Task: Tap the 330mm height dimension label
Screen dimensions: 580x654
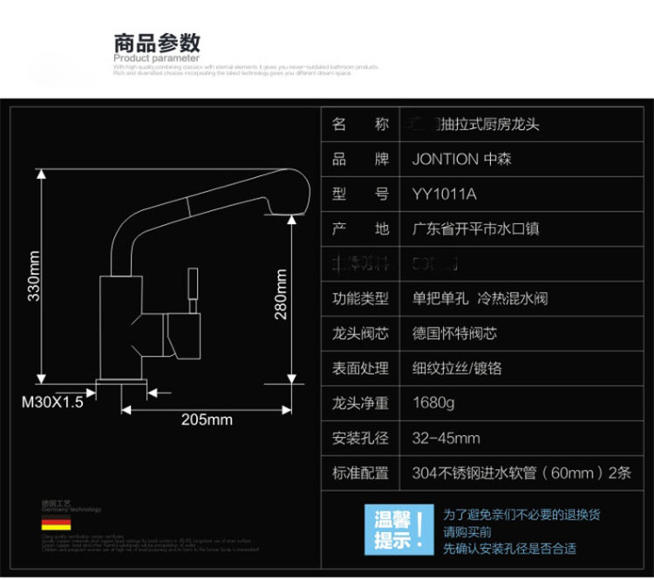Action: point(34,276)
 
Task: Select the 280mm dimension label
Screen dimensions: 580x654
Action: point(281,294)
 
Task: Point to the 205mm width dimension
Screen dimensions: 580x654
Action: point(207,420)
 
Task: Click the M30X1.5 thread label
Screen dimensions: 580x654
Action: point(52,403)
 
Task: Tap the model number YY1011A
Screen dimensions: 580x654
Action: point(445,194)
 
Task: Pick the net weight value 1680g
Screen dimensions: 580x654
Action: point(433,404)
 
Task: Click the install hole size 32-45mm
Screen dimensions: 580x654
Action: point(446,438)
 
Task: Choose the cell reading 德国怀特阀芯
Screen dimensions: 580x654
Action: point(455,334)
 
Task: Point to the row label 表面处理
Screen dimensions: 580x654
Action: point(360,369)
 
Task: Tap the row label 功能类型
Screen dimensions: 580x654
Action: point(360,299)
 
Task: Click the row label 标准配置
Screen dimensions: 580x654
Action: point(360,473)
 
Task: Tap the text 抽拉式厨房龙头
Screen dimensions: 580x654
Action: point(493,125)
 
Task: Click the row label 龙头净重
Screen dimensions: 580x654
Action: point(360,404)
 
